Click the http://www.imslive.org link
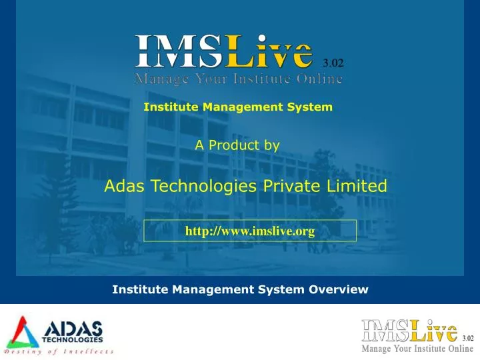250,231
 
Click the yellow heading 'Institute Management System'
238,107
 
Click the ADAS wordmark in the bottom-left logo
73,328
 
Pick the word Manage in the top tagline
157,79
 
